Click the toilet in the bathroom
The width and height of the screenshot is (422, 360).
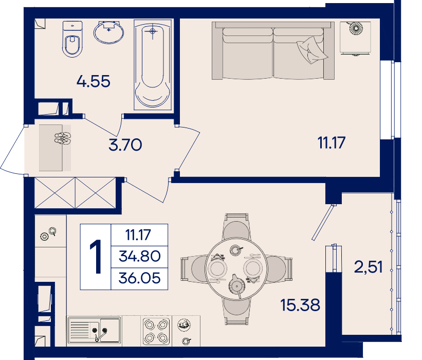(72, 39)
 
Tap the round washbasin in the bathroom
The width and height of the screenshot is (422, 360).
(109, 32)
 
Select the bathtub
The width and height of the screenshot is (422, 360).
(153, 65)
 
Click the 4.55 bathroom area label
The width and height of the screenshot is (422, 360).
(94, 81)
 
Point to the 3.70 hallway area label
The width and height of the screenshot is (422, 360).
(125, 145)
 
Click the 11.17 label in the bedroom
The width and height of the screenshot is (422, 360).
(332, 142)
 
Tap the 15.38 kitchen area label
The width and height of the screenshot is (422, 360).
(300, 305)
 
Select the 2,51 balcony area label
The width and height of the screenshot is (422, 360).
(368, 267)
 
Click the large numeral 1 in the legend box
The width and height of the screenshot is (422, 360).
(96, 257)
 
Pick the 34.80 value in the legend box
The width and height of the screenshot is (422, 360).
(140, 256)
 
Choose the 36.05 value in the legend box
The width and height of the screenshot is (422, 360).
(140, 278)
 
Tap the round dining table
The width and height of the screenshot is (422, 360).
(236, 269)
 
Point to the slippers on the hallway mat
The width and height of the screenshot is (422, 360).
(63, 138)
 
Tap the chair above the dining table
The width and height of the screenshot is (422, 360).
(236, 226)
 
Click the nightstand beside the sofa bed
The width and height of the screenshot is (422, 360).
(355, 38)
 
